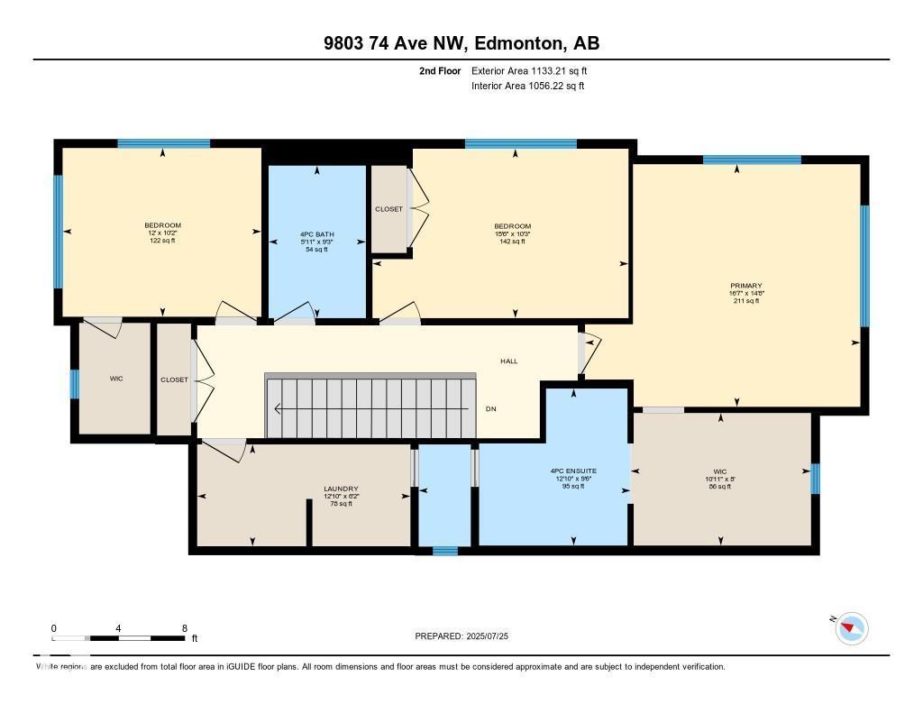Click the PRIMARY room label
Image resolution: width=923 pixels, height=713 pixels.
[x=746, y=285]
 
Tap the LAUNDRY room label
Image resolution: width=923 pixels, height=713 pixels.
[x=341, y=489]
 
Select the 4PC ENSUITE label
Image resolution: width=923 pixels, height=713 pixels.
[x=573, y=471]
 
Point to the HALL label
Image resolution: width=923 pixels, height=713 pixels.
[x=509, y=361]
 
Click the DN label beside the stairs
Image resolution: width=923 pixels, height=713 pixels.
[x=490, y=409]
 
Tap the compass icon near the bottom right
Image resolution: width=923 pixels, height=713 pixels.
[x=852, y=628]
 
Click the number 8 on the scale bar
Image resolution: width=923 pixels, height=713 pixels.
[x=184, y=628]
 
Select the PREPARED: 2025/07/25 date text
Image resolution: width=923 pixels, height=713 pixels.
[x=461, y=636]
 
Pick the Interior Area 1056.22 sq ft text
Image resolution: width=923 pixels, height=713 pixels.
[x=528, y=87]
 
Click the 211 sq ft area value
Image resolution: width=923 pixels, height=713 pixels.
[x=746, y=301]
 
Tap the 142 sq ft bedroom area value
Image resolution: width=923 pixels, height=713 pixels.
[x=512, y=242]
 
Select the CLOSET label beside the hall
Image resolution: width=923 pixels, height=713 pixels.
[x=174, y=380]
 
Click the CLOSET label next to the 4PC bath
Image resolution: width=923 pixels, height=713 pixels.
[x=388, y=209]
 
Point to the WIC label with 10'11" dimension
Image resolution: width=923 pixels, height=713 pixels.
[x=720, y=471]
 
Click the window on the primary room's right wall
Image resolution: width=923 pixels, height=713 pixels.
[x=864, y=266]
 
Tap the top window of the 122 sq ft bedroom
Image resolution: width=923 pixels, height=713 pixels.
[x=163, y=143]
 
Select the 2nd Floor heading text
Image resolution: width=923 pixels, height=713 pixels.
[x=440, y=70]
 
